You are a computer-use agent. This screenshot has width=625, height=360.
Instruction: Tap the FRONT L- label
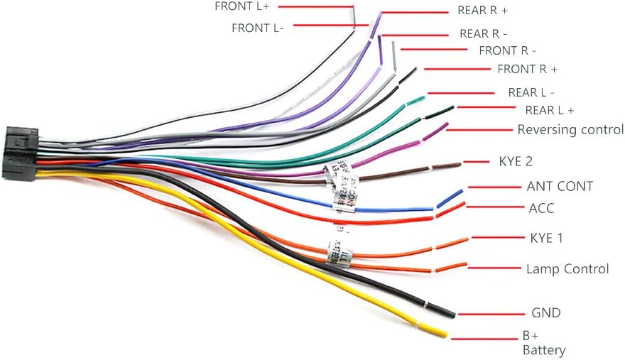pos(258,28)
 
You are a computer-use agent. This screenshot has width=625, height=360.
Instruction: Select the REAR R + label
pos(482,11)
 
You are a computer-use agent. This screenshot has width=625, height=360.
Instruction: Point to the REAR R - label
pos(484,33)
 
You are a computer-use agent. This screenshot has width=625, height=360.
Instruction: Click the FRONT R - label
pos(507,50)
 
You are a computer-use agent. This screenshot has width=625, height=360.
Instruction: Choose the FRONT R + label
pos(527,69)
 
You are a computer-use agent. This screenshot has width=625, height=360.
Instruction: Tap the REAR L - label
pos(531,92)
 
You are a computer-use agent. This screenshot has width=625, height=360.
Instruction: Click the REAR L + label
pos(549,110)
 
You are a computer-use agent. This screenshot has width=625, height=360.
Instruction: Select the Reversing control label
pos(570,129)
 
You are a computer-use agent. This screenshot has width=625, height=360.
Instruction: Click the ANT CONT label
pos(560,186)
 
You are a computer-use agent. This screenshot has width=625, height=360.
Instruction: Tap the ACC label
pos(541,208)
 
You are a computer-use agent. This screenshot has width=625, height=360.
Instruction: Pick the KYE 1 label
pos(546,238)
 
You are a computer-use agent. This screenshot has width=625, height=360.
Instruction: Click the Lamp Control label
pos(567,269)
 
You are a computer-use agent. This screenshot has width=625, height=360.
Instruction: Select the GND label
pos(545,312)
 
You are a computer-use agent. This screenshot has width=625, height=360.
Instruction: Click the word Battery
pos(544,350)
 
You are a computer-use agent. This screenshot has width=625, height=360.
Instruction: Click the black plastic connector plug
pos(20,153)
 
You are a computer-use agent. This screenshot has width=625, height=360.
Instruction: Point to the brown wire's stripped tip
pos(447,165)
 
